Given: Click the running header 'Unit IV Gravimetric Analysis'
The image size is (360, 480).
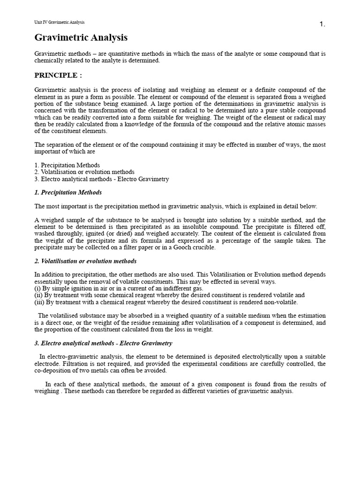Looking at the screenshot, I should point(60,22).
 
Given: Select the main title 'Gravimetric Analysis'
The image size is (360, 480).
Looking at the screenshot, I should point(81,37).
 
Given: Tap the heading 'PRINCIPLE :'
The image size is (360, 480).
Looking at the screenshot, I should point(58,75).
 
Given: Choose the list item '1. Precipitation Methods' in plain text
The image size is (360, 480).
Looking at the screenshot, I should point(67,165).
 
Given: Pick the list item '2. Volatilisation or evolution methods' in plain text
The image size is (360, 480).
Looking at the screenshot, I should point(84,172).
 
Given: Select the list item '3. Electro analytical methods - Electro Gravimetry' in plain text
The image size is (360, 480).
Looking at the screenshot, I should point(102,179).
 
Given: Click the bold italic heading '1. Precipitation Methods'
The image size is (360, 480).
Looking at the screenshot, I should point(68,192).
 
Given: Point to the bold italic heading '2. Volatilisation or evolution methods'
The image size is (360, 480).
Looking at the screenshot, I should point(86,261).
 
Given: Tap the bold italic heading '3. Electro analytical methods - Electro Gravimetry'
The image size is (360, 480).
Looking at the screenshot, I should point(104,343).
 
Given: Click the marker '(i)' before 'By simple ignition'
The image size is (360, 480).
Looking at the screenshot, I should point(37,288).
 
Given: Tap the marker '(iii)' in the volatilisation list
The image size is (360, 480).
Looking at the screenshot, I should point(39,302).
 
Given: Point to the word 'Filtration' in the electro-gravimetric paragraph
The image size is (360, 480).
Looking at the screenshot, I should point(76,364).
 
